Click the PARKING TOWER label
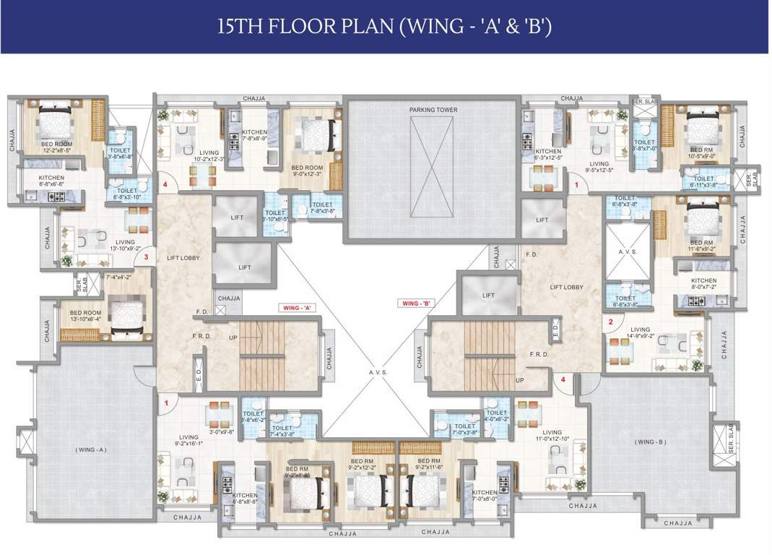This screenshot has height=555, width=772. (x=433, y=110)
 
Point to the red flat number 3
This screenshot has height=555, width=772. (x=146, y=257)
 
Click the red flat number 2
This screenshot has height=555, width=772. (x=610, y=322)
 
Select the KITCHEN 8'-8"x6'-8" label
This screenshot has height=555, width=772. (x=51, y=181)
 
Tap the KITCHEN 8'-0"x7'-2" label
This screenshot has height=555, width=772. (x=703, y=284)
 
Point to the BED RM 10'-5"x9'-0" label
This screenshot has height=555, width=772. (x=701, y=152)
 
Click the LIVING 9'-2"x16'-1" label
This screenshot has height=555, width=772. (x=188, y=441)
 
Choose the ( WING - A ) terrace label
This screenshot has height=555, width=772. (x=90, y=449)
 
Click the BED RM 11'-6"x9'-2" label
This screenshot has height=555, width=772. (x=700, y=246)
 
